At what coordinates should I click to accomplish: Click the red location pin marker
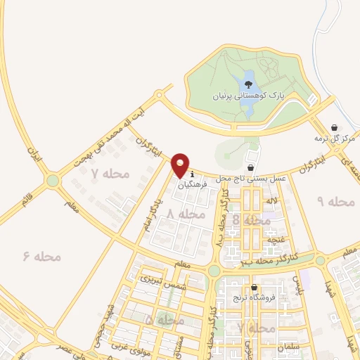coord(181,165)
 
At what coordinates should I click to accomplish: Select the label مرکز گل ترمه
coord(335,139)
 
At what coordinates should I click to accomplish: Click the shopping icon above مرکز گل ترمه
coord(334,127)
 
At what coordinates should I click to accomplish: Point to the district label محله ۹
coord(335,202)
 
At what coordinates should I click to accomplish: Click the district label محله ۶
coord(41,257)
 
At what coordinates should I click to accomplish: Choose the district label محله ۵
coord(165,320)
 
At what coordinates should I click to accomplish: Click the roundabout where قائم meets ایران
coord(53,181)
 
